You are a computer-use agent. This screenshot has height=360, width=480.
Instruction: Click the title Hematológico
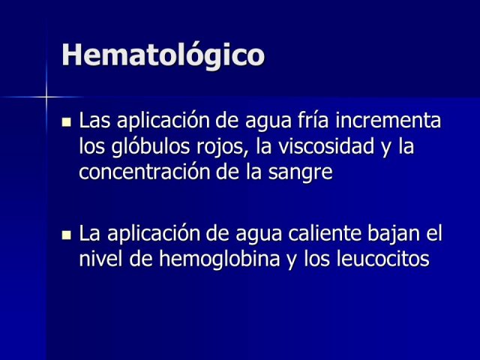point(163,55)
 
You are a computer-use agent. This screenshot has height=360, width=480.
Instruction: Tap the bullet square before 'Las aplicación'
point(66,122)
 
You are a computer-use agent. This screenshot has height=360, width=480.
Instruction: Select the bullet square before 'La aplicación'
point(66,235)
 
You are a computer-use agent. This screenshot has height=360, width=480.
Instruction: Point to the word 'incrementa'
point(388,120)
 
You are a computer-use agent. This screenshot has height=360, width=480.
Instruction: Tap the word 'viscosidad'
point(326,145)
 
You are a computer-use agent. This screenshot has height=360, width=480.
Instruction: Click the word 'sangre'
point(300,173)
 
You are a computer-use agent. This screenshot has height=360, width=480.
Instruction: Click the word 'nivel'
point(100,259)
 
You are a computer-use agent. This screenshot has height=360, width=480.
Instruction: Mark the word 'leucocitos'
point(382,259)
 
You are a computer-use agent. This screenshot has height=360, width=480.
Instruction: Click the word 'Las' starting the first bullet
point(94,120)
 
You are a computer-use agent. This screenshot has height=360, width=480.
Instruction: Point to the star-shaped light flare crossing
point(46,97)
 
